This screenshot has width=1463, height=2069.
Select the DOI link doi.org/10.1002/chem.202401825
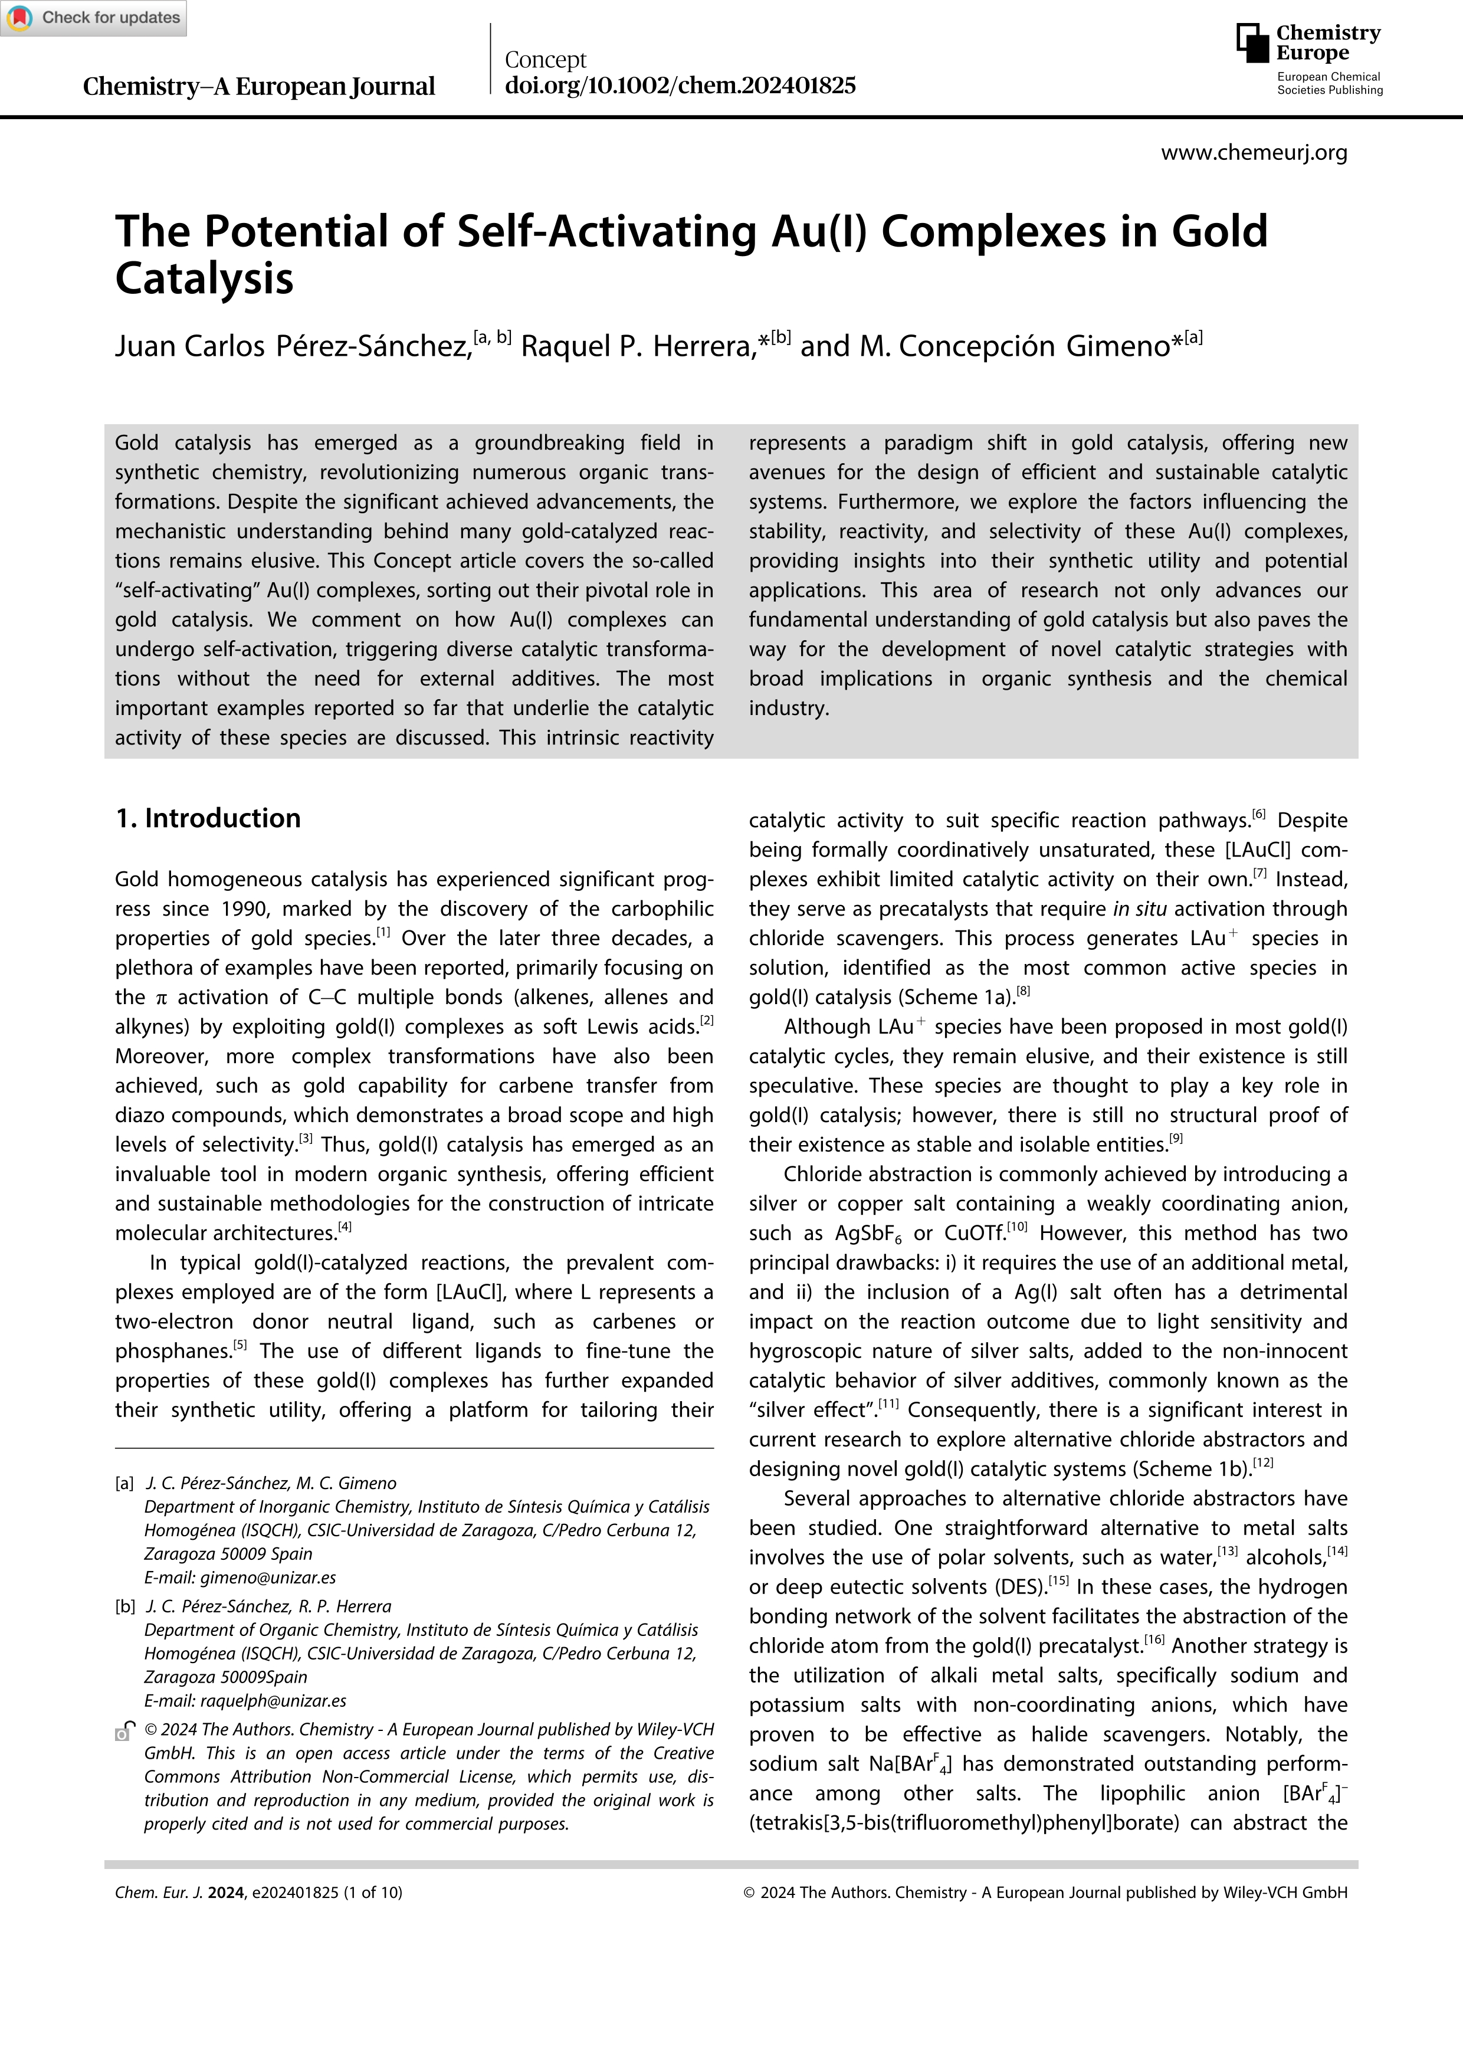(x=680, y=86)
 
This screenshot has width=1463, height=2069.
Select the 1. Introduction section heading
(x=208, y=818)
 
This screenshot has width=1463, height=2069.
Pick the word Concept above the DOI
(x=545, y=60)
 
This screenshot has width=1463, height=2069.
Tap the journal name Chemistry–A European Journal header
(x=258, y=87)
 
